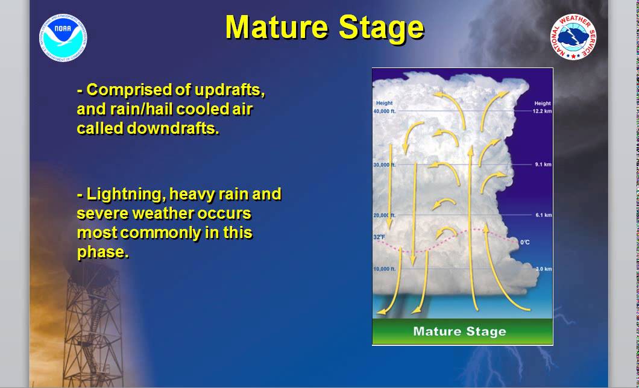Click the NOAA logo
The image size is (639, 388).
[64, 38]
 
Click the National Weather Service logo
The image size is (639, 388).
[573, 37]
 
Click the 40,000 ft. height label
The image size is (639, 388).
[385, 111]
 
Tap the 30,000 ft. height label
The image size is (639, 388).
[385, 164]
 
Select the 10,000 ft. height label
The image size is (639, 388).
[385, 269]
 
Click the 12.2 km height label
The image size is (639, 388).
[543, 111]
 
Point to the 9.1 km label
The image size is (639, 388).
[543, 164]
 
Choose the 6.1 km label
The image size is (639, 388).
[543, 215]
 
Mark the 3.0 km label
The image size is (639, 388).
[543, 269]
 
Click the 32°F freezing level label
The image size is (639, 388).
[380, 238]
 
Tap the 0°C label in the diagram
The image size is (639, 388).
[525, 242]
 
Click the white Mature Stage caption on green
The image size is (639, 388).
[459, 331]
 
